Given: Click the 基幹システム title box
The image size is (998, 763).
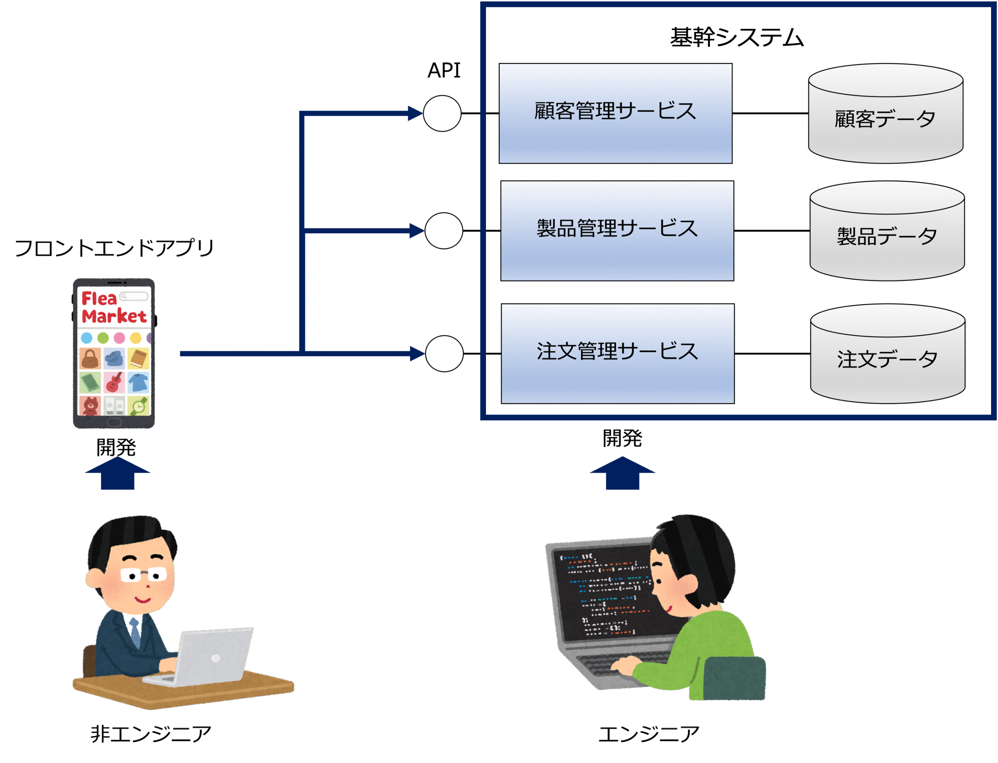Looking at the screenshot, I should pos(737,39).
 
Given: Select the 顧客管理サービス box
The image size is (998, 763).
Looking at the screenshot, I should pos(615,113).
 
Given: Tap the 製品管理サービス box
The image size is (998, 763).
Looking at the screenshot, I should pos(617,230).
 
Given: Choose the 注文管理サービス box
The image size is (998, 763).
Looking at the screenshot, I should pos(617,353).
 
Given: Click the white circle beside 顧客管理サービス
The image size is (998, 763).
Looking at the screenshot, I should pos(442,114).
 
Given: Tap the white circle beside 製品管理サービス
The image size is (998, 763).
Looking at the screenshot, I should pos(444,231).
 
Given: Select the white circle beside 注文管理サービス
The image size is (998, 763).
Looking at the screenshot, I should pos(444,353).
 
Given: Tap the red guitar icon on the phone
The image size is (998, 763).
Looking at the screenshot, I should pos(114,382).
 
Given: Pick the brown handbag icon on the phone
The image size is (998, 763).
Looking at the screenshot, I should pos(90,358).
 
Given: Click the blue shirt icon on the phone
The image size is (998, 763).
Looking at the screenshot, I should pos(138,382).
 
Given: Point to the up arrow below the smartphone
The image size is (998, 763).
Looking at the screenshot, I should pos(117,473).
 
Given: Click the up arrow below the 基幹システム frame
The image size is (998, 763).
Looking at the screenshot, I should pos(622,473).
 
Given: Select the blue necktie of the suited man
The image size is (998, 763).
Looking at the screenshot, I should pos(135,632).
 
